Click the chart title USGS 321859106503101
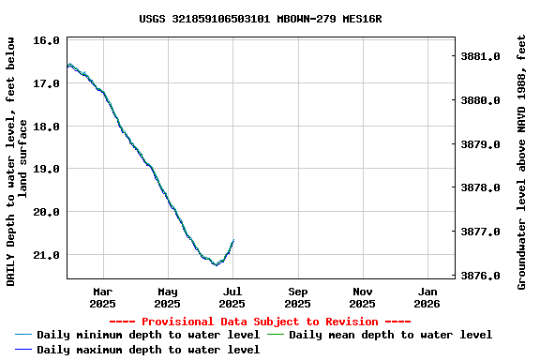coord(260,19)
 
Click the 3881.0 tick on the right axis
coord(480,57)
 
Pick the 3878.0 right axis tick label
coord(480,188)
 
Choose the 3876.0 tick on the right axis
coord(480,277)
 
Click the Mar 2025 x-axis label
coord(102,297)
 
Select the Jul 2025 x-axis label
coord(232,297)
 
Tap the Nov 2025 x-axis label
coord(363,297)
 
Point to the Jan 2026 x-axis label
coord(427,297)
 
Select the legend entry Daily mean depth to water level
coord(390,335)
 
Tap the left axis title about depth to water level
coord(17,161)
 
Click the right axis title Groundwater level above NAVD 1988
coord(522,161)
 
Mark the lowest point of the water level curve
coord(216,264)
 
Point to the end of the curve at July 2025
coord(232,241)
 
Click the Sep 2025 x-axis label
coord(297,297)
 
